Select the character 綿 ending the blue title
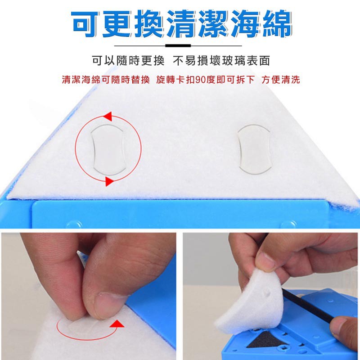tap(277, 24)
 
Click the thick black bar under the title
tap(178, 46)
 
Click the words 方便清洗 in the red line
tap(280, 80)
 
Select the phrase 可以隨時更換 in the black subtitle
tap(128, 61)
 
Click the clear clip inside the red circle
tap(108, 150)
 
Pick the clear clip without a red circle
tap(254, 149)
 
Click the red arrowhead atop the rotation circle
tap(108, 117)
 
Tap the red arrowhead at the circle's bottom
tap(109, 181)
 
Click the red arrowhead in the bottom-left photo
tap(117, 324)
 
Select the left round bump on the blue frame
tap(74, 224)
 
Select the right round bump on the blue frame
tap(288, 224)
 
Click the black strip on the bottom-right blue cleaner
tap(308, 306)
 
